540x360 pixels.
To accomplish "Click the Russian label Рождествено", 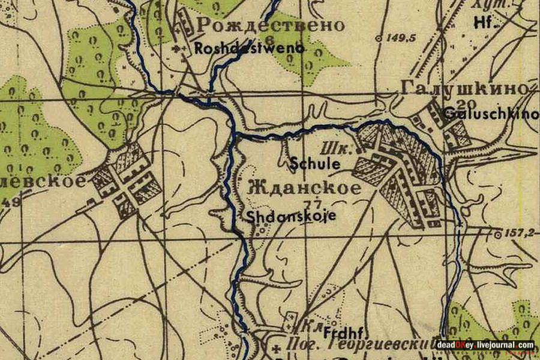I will click(x=271, y=25).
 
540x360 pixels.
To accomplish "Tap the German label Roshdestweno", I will click(x=249, y=49).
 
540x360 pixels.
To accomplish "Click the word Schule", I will click(x=316, y=163).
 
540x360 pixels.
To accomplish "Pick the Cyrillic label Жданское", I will click(x=304, y=188).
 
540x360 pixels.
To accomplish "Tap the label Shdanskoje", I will click(x=292, y=217).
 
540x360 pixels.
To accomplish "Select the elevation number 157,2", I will click(x=518, y=233).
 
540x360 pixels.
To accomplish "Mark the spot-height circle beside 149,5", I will click(x=379, y=38).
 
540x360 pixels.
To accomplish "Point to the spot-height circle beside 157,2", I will click(x=497, y=235).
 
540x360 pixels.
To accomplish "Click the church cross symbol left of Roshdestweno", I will click(x=175, y=49).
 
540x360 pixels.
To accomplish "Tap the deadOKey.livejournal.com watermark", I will click(x=485, y=345).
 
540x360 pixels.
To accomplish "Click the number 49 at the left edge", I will click(x=10, y=202).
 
